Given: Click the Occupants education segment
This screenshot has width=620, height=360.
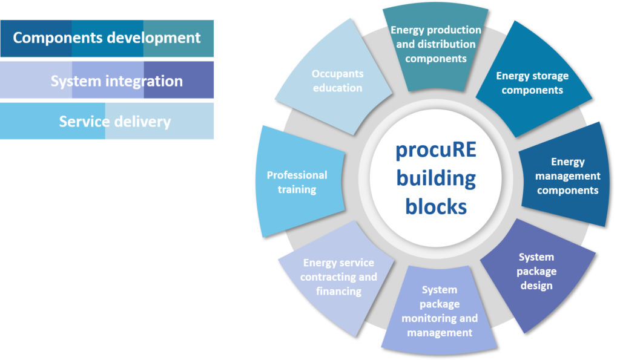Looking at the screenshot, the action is pyautogui.click(x=336, y=79).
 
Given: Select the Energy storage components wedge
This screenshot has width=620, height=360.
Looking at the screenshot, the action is pyautogui.click(x=534, y=81).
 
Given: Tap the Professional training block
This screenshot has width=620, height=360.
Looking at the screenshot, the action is pyautogui.click(x=299, y=182).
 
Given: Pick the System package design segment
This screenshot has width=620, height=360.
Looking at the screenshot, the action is pyautogui.click(x=538, y=273).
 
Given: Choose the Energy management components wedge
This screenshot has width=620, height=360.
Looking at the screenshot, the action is pyautogui.click(x=566, y=176).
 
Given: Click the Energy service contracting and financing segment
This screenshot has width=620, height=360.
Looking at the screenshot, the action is pyautogui.click(x=337, y=277).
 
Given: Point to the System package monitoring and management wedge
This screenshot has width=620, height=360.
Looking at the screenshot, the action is pyautogui.click(x=440, y=310).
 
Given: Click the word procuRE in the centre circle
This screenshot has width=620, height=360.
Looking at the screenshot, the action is pyautogui.click(x=436, y=151).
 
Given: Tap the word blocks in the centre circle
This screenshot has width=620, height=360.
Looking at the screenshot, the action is pyautogui.click(x=436, y=207).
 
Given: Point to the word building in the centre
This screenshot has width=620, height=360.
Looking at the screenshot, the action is pyautogui.click(x=436, y=179).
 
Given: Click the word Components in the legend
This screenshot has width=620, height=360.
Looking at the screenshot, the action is pyautogui.click(x=58, y=38).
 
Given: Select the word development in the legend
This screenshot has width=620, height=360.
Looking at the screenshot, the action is pyautogui.click(x=154, y=39).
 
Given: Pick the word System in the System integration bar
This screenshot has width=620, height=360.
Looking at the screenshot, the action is pyautogui.click(x=76, y=82).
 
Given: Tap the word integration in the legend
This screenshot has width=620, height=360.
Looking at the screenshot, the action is pyautogui.click(x=144, y=82).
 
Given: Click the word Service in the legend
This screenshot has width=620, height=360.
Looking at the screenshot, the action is pyautogui.click(x=84, y=122).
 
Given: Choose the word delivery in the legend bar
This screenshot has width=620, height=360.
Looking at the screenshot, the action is pyautogui.click(x=142, y=122).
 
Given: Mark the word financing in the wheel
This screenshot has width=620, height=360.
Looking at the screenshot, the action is pyautogui.click(x=339, y=292).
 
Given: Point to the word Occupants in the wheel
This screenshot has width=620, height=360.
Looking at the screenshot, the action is pyautogui.click(x=338, y=74).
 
